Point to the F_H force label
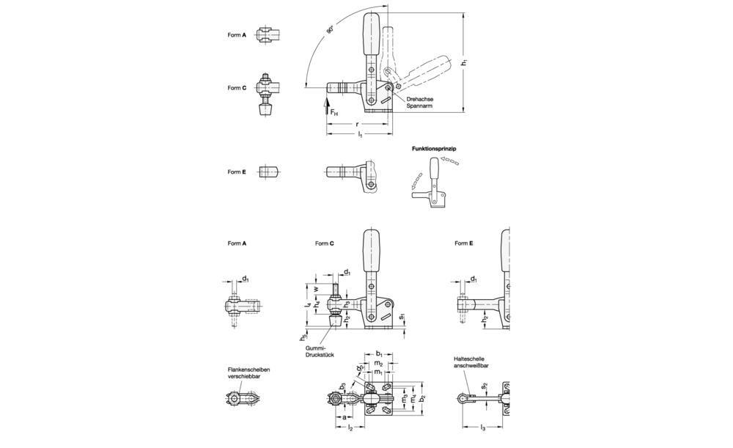(x=334, y=113)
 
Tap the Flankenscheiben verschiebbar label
(x=249, y=373)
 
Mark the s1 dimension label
(x=404, y=317)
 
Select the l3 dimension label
(x=481, y=427)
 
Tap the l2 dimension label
(x=350, y=427)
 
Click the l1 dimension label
(x=359, y=136)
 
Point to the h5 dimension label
(x=303, y=337)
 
